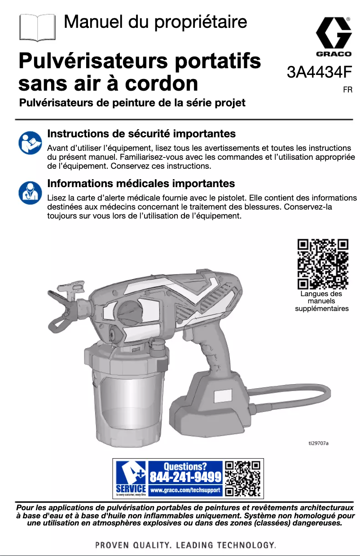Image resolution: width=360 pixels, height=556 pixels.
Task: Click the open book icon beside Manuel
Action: point(38,27)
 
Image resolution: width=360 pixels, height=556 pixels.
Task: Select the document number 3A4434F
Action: point(319,72)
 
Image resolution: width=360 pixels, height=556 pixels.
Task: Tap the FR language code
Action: point(347,90)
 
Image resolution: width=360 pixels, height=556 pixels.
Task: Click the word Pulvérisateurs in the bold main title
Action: point(88,61)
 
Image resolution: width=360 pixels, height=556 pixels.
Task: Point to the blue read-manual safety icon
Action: point(30,142)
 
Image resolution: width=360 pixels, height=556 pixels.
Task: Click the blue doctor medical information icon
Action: point(30,192)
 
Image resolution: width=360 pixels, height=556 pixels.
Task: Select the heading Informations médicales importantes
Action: point(141,183)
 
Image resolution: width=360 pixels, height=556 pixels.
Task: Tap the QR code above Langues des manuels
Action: point(323,264)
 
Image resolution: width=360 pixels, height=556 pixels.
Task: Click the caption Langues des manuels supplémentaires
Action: point(321,301)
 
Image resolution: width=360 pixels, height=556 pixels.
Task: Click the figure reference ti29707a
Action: point(318,443)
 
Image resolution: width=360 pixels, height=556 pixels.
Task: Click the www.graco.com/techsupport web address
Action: point(185,490)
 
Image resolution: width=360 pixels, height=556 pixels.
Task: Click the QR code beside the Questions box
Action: point(242,478)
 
